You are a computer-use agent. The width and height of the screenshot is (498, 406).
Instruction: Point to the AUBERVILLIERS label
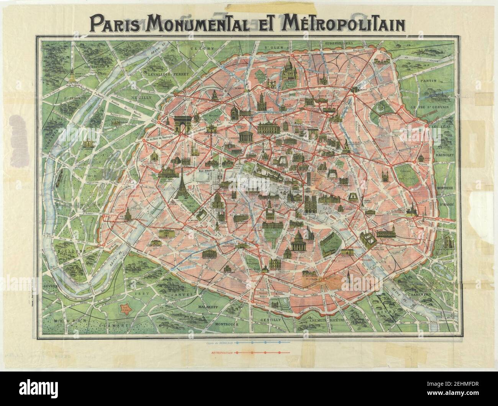click(339, 43)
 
